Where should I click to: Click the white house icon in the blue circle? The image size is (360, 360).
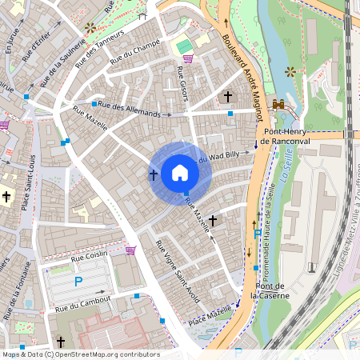coord(180,173)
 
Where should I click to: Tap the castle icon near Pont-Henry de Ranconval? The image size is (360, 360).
coord(279,104)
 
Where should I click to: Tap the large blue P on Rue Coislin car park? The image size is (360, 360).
coord(78,281)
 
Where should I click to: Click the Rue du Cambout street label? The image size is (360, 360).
coord(83,304)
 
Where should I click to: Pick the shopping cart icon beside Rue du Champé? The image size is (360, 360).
coord(187,58)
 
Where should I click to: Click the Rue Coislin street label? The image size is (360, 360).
coord(89,256)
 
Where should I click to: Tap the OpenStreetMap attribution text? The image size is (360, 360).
coord(80,354)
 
